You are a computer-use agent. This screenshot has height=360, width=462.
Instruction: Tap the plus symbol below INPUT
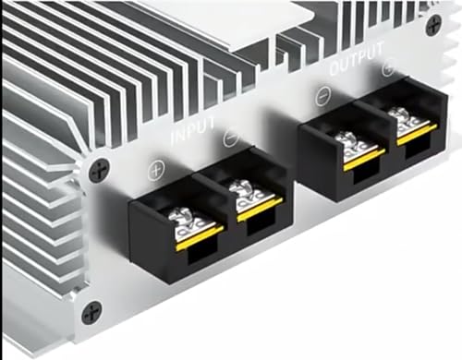click(x=157, y=170)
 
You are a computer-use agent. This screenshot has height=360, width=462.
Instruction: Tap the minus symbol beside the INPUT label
click(x=230, y=137)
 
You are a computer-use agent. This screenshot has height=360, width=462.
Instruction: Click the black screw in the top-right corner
click(x=433, y=25)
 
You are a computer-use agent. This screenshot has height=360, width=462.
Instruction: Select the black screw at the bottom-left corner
click(x=91, y=312)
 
